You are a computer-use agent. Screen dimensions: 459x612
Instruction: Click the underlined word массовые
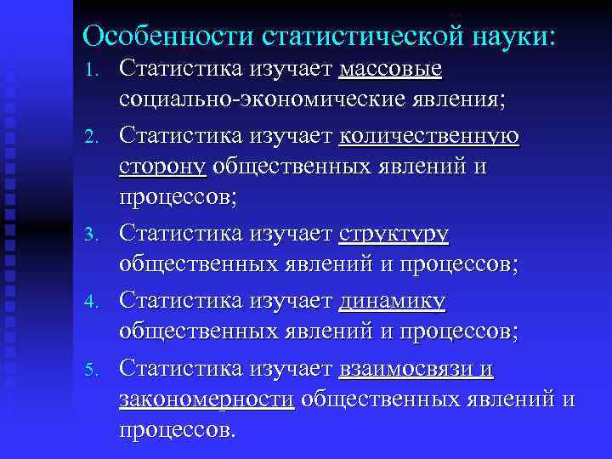click(390, 67)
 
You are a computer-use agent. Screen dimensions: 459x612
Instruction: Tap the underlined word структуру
click(394, 233)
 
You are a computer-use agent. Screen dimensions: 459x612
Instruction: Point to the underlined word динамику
click(392, 299)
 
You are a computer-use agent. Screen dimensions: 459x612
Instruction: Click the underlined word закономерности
click(207, 399)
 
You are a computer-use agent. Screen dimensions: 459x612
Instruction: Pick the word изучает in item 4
click(292, 299)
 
